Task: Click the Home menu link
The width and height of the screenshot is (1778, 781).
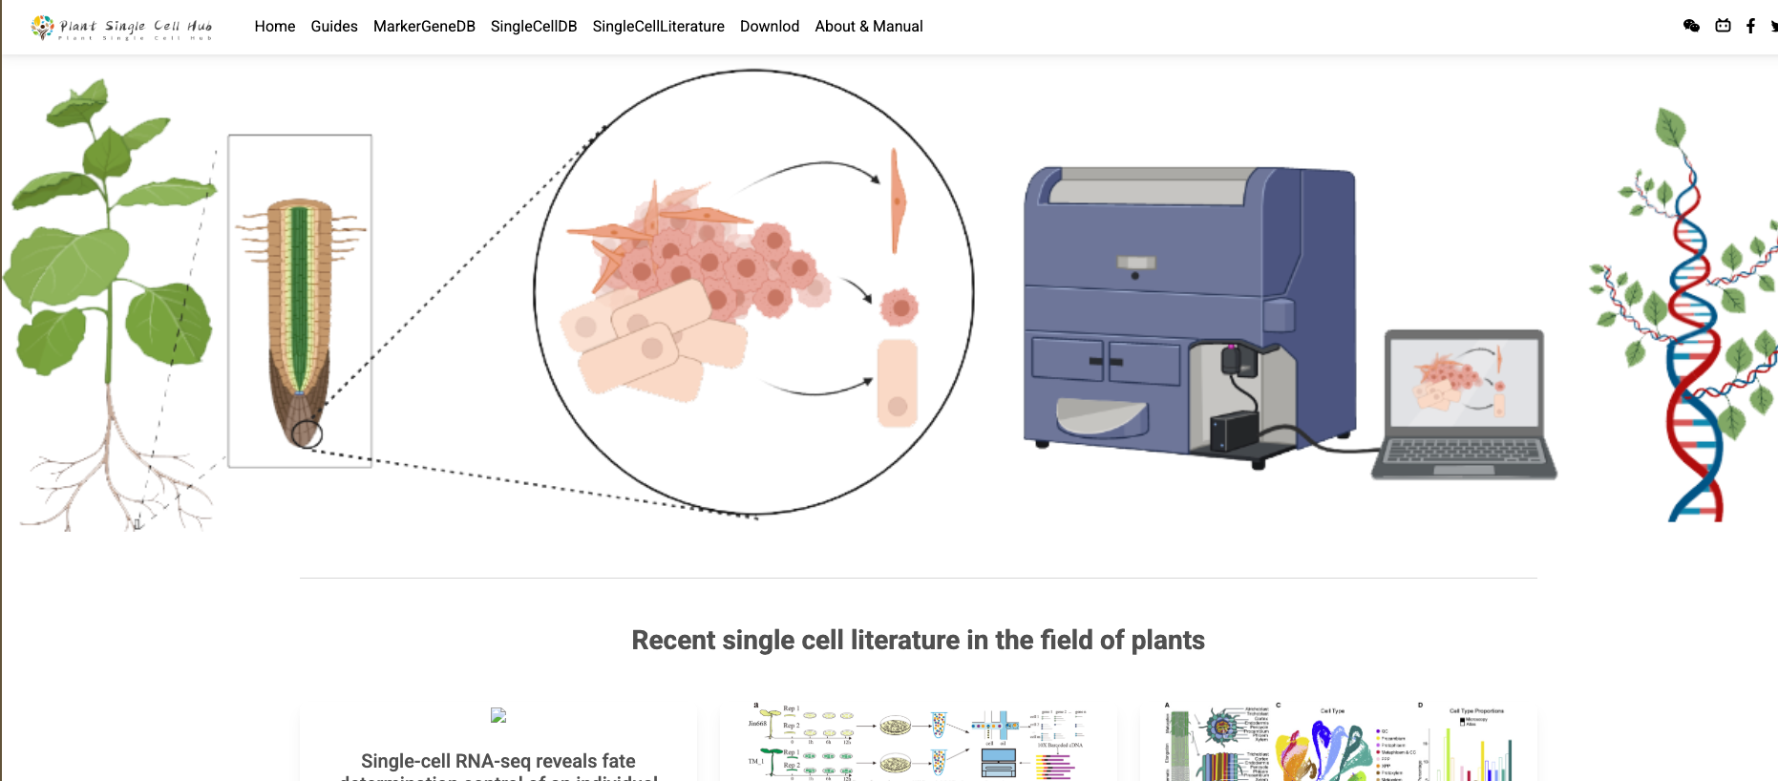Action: [x=274, y=27]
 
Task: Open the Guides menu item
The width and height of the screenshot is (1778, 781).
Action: [x=333, y=27]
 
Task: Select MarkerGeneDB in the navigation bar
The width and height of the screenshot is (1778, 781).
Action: [x=424, y=27]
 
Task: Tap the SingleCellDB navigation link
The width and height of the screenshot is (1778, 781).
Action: [x=534, y=27]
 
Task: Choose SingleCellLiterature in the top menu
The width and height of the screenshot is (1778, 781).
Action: [x=658, y=27]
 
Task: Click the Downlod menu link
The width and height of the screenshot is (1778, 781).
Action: [x=769, y=27]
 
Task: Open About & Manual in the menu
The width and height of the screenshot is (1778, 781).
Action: [x=868, y=27]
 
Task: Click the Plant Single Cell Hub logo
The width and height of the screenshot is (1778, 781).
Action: [x=122, y=28]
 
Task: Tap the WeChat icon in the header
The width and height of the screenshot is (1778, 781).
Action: [x=1691, y=26]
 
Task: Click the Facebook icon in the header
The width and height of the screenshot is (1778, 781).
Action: [x=1750, y=26]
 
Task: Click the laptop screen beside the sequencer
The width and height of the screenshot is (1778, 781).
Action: [x=1463, y=382]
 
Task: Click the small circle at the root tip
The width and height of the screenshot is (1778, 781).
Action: [x=307, y=434]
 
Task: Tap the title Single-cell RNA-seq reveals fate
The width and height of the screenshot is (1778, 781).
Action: [x=497, y=761]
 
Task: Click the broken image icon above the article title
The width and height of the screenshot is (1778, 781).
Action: [x=497, y=715]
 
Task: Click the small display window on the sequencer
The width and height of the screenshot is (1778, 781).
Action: [x=1135, y=263]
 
